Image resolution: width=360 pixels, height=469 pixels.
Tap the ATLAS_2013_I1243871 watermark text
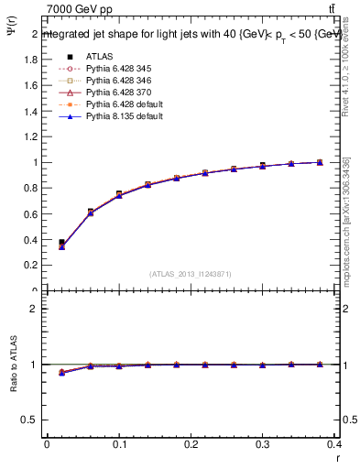pyautogui.click(x=190, y=274)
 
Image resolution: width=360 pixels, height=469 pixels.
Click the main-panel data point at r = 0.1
pyautogui.click(x=119, y=194)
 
